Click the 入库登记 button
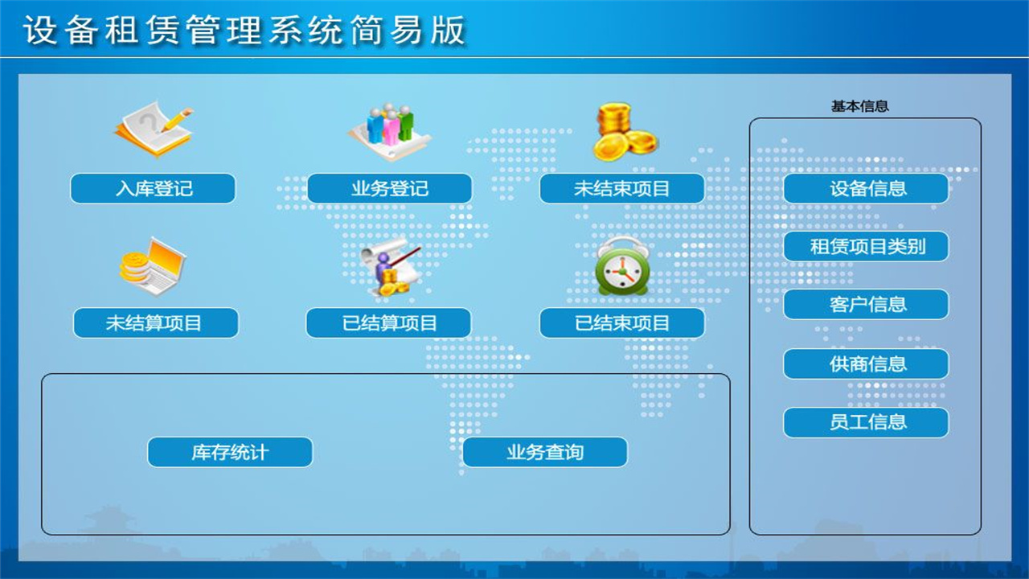tap(153, 189)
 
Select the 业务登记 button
tap(390, 189)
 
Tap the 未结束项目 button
tap(622, 189)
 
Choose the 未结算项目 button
tap(156, 323)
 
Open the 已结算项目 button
tap(389, 323)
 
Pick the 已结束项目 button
tap(622, 323)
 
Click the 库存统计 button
tap(230, 452)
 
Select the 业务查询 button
tap(545, 452)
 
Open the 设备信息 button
tap(867, 189)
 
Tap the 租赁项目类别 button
tap(867, 247)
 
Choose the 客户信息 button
tap(867, 305)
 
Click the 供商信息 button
tap(867, 364)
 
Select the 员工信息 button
tap(867, 422)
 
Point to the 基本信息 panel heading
tap(859, 106)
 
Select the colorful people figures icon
tap(390, 129)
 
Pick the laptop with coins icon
tap(153, 266)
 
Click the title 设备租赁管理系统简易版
tap(244, 31)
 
